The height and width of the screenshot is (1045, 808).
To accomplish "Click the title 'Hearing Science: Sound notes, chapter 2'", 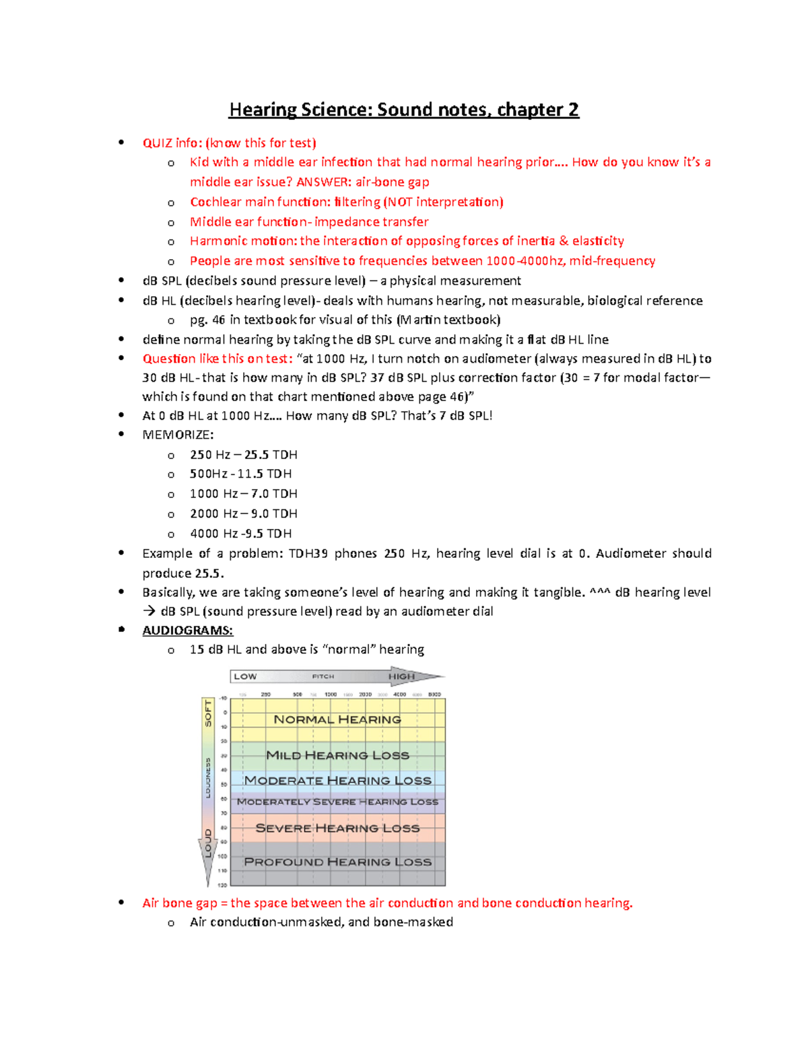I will [x=403, y=110].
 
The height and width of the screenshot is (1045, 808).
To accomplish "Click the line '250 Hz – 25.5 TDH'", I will [x=243, y=455].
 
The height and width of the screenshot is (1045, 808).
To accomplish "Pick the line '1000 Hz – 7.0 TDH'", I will [x=243, y=494].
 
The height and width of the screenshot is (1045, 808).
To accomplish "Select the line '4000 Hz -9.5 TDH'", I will [x=240, y=534].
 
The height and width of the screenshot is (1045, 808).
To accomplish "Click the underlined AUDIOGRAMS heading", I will [x=187, y=630].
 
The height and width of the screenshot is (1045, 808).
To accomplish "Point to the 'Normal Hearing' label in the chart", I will [x=337, y=719].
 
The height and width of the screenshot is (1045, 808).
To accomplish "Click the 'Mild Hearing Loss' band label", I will [x=337, y=755].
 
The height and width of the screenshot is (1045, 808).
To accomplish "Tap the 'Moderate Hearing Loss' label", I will [x=337, y=781].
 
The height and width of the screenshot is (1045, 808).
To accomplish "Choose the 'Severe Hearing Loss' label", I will [x=337, y=828].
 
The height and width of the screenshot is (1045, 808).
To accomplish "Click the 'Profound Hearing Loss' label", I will [x=337, y=862].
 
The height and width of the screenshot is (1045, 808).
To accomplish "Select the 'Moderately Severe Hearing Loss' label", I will [x=337, y=802].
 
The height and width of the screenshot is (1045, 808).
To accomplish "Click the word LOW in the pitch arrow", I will [x=245, y=676].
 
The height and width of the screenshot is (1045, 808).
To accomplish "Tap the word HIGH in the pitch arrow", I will [x=401, y=676].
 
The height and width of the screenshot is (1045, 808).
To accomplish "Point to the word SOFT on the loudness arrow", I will [x=208, y=713].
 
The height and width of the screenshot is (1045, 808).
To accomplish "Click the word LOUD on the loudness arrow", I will [x=208, y=842].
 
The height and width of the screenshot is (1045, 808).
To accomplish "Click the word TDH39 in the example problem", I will [x=308, y=553].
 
